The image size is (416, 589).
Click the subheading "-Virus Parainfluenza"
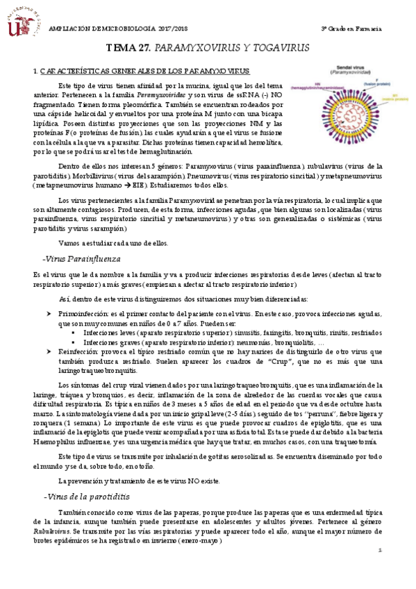(x=81, y=258)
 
